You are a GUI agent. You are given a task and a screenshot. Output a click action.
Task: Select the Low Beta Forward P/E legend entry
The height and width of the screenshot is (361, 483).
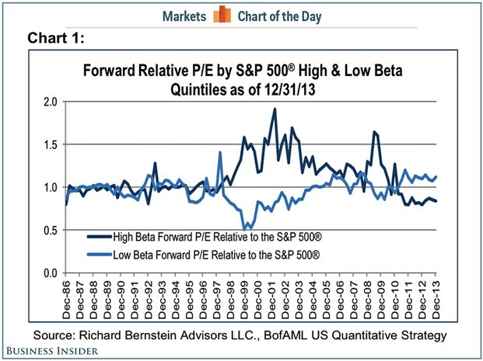coord(187,253)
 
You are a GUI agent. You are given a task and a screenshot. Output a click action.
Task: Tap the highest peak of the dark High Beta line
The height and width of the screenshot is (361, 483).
coord(275,109)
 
